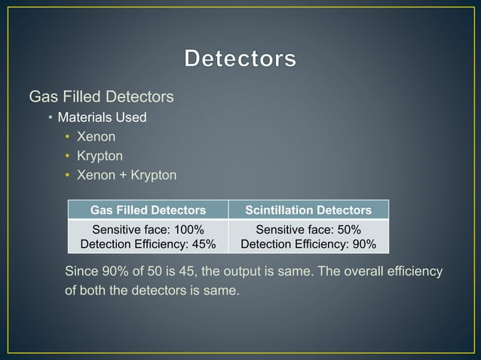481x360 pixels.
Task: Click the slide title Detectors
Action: pos(240,59)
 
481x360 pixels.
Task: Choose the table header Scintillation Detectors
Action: pos(308,210)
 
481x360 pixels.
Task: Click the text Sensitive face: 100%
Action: pos(148,230)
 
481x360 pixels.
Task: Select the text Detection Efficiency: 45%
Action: pos(148,244)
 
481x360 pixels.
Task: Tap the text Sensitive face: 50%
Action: pos(308,230)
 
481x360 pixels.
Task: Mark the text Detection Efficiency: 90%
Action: pos(308,244)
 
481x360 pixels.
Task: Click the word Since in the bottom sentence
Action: pos(81,271)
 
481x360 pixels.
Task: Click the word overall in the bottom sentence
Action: pos(369,271)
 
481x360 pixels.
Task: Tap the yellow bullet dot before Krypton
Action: pos(67,157)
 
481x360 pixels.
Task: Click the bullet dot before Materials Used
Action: pos(50,118)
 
